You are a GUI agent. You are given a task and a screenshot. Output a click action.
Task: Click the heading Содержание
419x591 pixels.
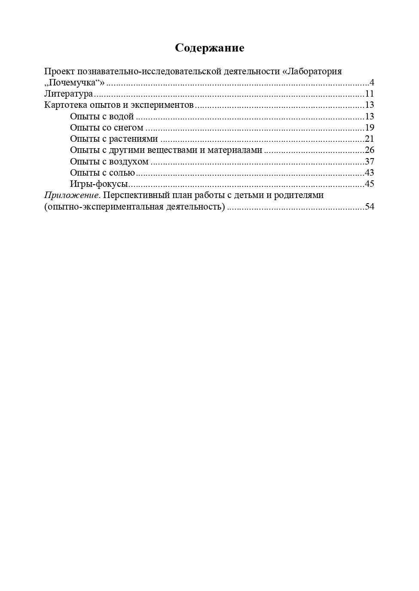[209, 48]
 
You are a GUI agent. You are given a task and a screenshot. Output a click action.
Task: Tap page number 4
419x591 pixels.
[372, 82]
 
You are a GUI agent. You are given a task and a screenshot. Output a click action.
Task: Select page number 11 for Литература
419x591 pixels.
[370, 94]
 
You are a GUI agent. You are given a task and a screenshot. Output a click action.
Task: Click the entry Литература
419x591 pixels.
[69, 94]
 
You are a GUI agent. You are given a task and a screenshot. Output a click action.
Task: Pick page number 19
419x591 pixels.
[370, 128]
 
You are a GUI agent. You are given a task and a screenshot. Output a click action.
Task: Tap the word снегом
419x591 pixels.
[128, 128]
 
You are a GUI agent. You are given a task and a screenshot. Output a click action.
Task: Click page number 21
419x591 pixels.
[370, 139]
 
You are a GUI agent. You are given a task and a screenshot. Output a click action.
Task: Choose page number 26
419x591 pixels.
[370, 150]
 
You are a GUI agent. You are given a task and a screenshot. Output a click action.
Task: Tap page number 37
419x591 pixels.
[370, 161]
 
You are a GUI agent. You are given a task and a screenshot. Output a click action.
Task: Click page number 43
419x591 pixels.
[370, 173]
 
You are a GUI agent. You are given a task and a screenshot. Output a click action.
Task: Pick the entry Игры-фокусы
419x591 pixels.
[99, 184]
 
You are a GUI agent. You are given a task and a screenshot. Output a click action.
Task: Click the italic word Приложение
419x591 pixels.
[72, 195]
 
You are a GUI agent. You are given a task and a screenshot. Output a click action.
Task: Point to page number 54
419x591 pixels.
[370, 207]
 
